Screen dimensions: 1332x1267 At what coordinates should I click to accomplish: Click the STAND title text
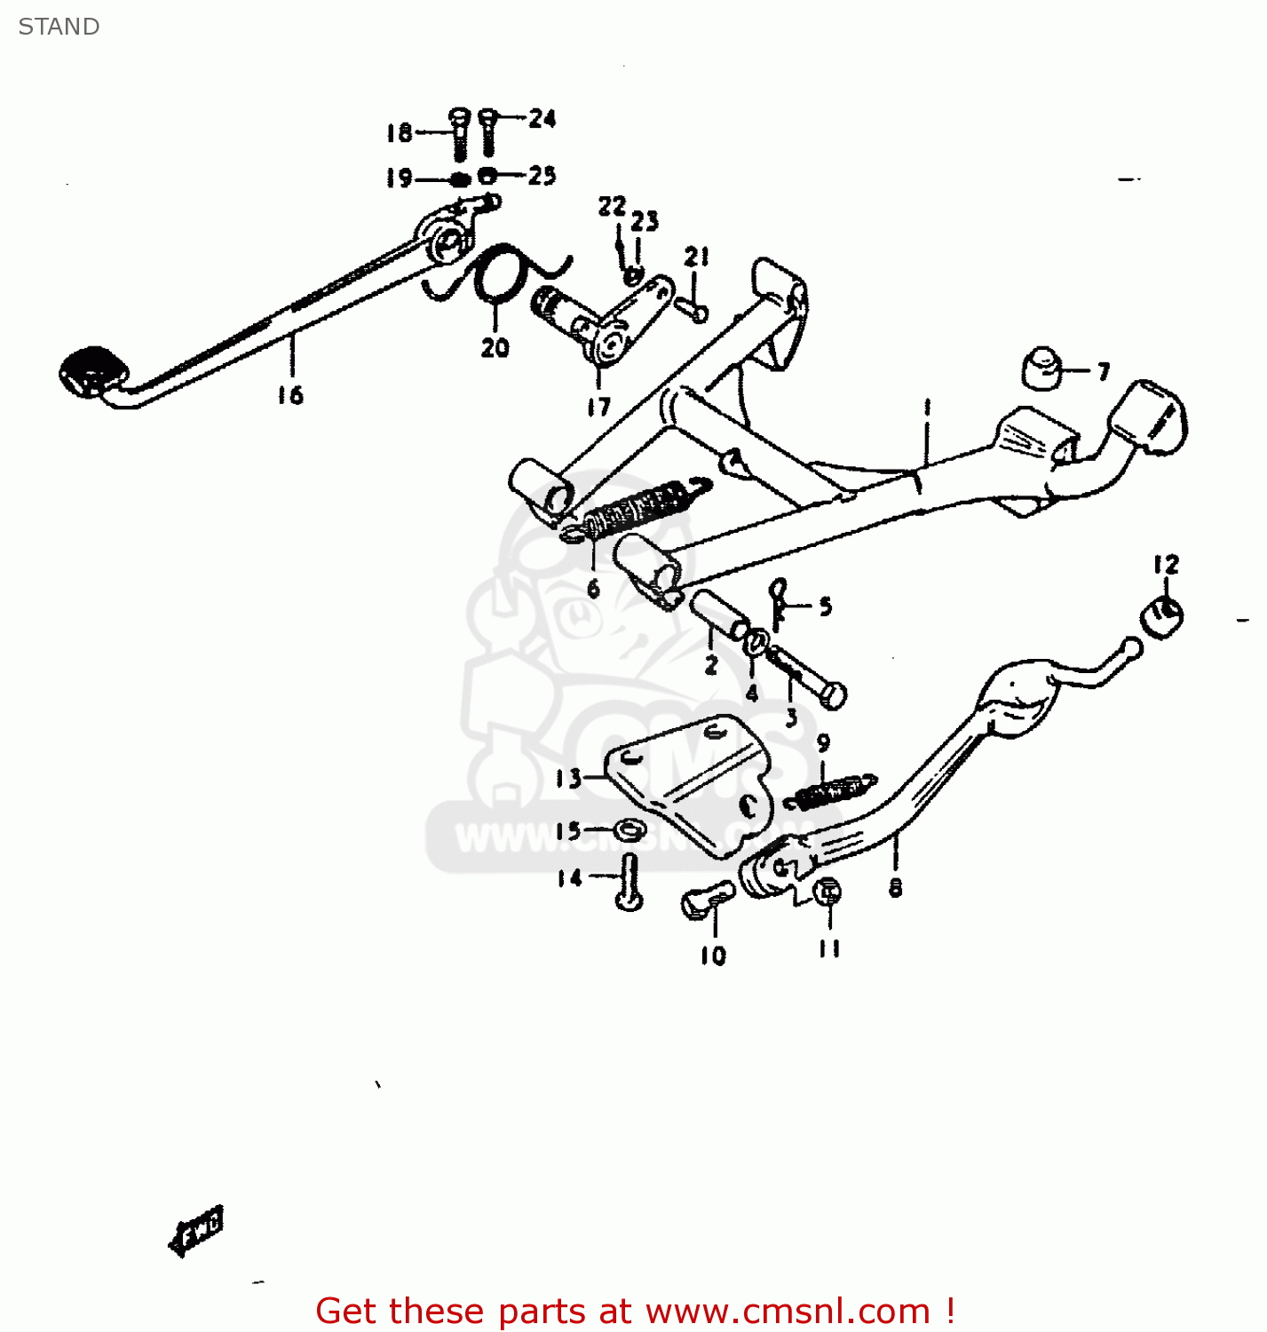[59, 27]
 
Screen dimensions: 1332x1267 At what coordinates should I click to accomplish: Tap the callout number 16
[290, 395]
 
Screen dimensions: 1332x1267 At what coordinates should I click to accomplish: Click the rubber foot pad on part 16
[91, 369]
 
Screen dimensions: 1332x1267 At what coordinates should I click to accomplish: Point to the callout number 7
[1104, 371]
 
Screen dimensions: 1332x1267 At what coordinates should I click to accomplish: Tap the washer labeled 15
[630, 831]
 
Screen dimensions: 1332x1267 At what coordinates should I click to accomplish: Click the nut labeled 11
[828, 892]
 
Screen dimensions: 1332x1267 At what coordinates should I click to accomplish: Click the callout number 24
[542, 118]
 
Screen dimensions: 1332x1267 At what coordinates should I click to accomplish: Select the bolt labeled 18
[459, 135]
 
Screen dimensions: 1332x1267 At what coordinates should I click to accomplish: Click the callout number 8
[895, 887]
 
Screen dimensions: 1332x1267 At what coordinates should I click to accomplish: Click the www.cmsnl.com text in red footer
[787, 1312]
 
